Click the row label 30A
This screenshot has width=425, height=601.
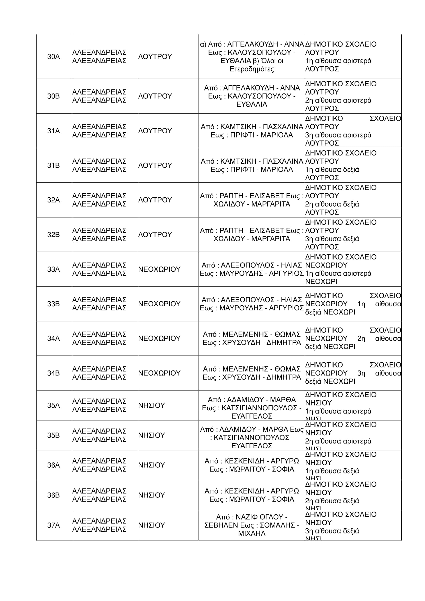[x=53, y=57]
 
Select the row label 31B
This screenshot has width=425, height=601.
[x=53, y=165]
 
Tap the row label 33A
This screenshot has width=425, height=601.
[x=53, y=269]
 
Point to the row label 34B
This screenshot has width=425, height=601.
[x=53, y=373]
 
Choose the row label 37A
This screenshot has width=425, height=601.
[x=53, y=525]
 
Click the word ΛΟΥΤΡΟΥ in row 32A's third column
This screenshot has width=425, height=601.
[x=155, y=200]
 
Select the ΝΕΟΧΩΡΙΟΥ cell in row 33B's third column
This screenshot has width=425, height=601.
[x=159, y=304]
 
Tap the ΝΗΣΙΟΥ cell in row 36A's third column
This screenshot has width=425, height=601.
[x=151, y=465]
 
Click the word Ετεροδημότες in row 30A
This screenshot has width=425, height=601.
[x=252, y=69]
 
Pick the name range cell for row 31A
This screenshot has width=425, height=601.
[x=252, y=131]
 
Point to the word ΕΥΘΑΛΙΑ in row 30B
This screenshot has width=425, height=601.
[x=252, y=104]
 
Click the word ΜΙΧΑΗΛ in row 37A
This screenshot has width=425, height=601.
[x=252, y=533]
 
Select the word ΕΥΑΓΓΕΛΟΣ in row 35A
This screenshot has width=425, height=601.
[x=252, y=416]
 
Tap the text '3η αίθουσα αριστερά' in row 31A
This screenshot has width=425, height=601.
[x=338, y=135]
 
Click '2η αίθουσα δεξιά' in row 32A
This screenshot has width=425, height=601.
[x=332, y=204]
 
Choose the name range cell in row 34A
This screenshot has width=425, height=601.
[x=252, y=338]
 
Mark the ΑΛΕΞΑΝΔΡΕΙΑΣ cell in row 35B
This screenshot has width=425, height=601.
[x=99, y=435]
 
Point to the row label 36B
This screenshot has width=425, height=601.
[x=53, y=495]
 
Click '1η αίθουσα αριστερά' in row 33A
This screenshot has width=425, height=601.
[x=338, y=273]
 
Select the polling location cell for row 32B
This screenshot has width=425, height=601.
[x=353, y=235]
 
